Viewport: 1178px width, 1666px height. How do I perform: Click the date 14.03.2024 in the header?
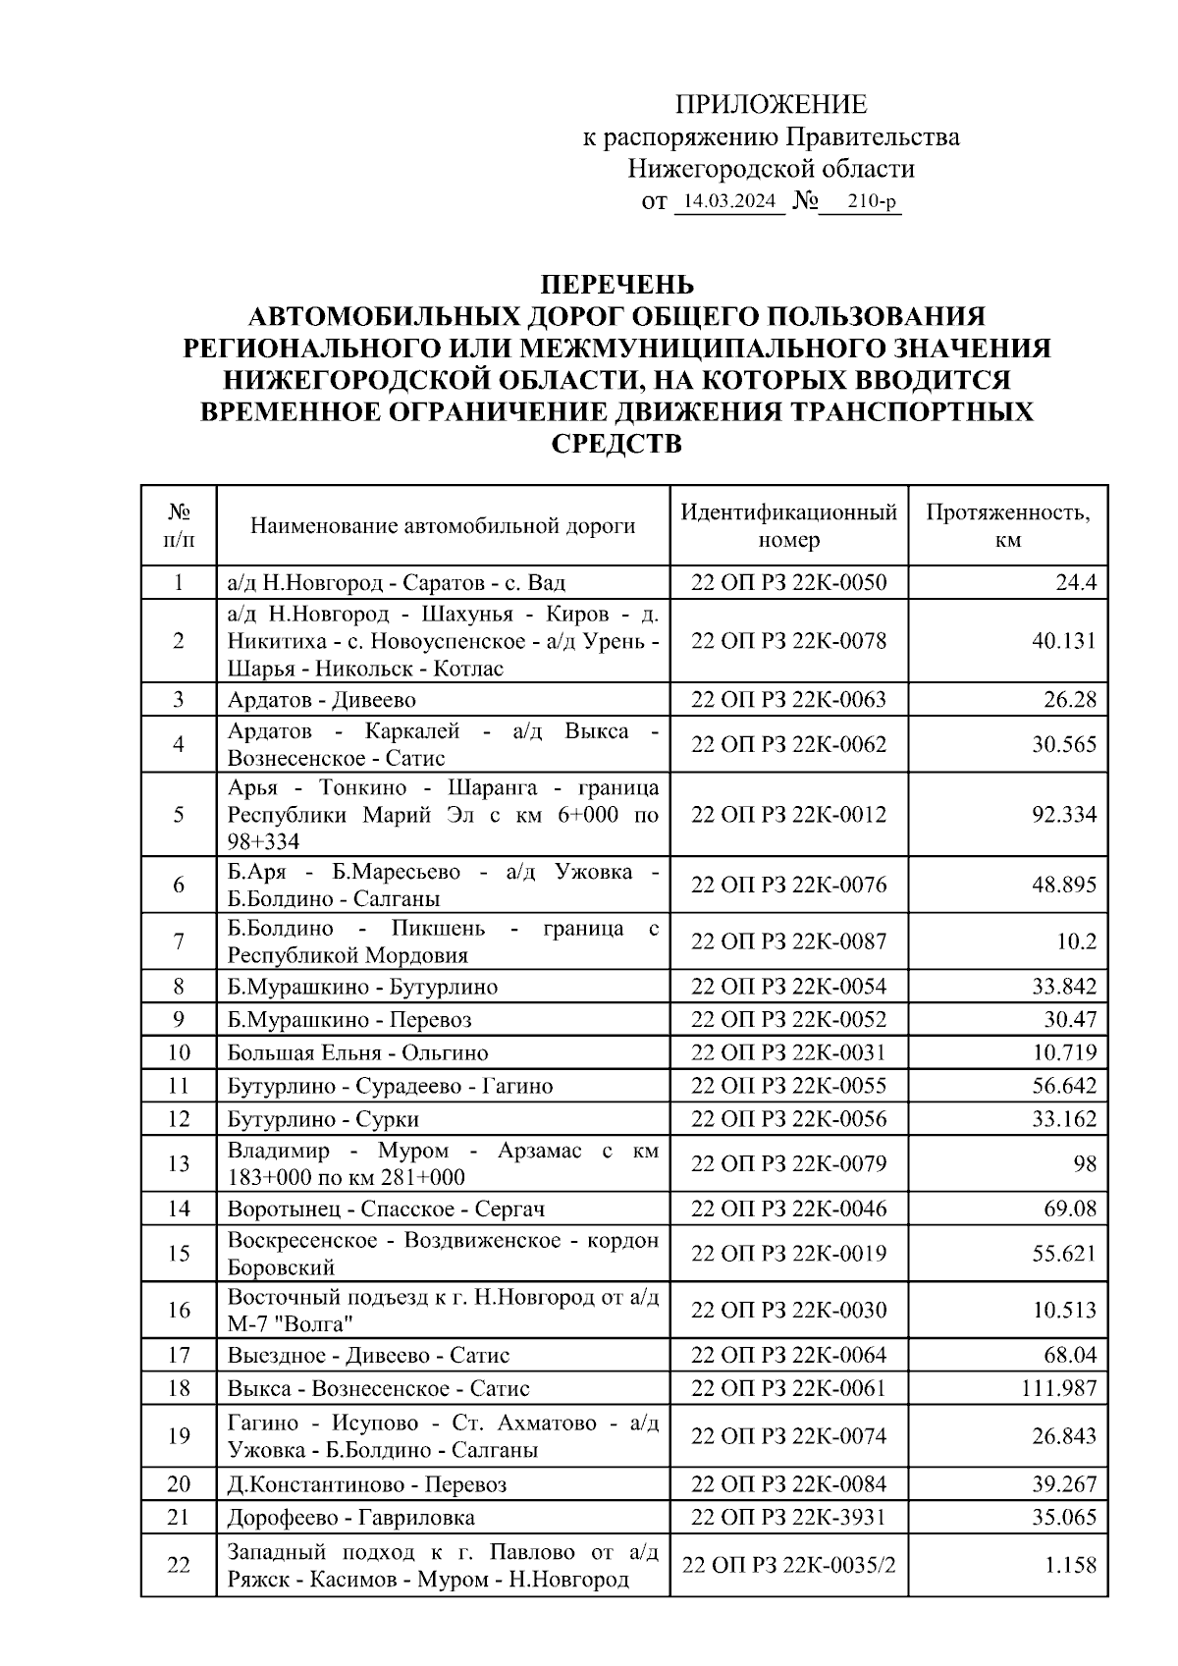coord(729,202)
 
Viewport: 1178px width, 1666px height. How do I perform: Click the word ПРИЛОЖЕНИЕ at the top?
coord(772,104)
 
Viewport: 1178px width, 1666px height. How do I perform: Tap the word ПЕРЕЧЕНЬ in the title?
coord(616,285)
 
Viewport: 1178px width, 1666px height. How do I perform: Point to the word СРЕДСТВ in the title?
coord(616,444)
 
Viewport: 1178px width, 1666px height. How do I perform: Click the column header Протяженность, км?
coord(1007,525)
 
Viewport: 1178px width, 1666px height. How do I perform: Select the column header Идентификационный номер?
coord(788,525)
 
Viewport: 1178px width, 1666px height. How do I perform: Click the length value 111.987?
coord(1057,1388)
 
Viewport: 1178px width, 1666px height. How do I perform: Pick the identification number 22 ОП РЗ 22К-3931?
coord(788,1517)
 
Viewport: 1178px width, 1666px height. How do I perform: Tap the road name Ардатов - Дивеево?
coord(322,700)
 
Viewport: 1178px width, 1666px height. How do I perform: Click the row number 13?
coord(179,1163)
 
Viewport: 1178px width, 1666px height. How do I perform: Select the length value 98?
coord(1084,1163)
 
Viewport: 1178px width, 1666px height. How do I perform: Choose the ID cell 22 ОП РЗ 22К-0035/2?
coord(788,1566)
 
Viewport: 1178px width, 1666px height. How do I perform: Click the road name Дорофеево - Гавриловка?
coord(351,1517)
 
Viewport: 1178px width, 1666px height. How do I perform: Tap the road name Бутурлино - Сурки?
coord(324,1119)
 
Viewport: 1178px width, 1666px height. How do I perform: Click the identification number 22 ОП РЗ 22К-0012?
coord(788,814)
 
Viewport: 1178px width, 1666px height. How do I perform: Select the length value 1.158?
coord(1070,1566)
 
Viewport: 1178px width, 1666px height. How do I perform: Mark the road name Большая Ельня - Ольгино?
coord(357,1052)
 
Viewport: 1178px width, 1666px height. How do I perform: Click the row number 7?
coord(179,941)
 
